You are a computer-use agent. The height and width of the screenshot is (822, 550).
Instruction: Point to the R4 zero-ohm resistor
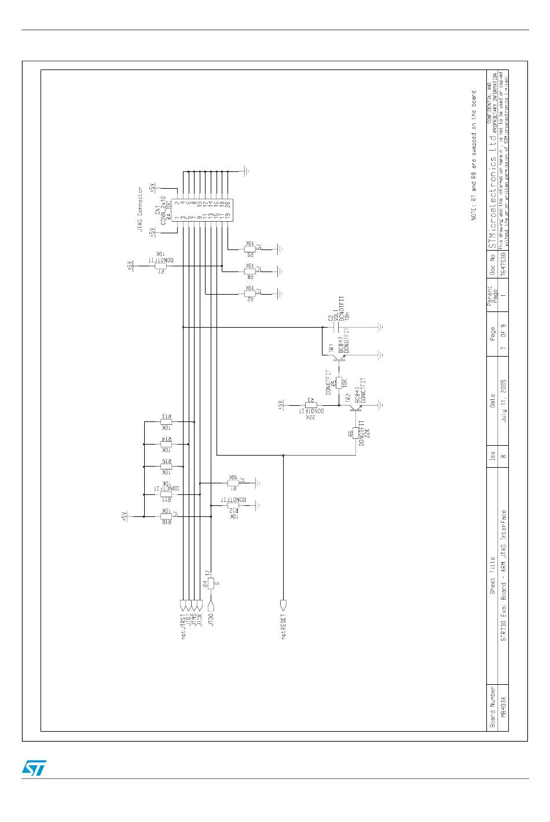point(211,584)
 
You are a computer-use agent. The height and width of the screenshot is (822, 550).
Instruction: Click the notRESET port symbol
point(283,605)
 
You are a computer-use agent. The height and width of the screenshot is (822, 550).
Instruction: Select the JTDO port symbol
point(211,606)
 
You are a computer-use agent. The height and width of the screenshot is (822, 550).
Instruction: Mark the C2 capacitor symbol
point(334,328)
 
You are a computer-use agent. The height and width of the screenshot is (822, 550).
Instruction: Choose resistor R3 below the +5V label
point(311,405)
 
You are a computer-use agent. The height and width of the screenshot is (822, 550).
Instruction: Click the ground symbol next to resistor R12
point(259,505)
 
